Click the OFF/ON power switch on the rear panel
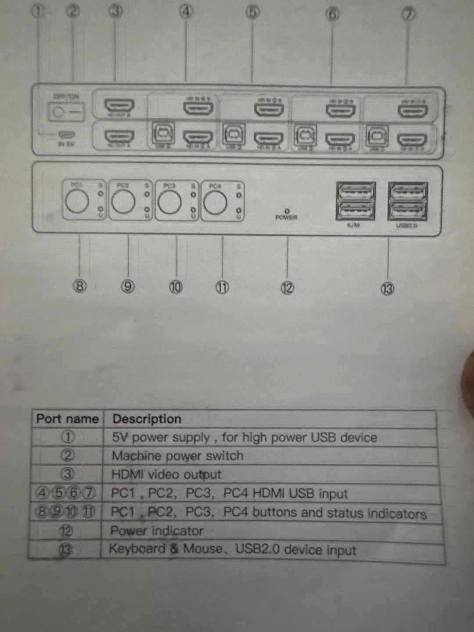coord(66,112)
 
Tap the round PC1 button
coord(77,201)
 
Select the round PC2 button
coord(123,202)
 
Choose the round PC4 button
coord(215,203)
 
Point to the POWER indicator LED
coord(287,211)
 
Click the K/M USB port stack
coord(355,201)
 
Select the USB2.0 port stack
coord(408,201)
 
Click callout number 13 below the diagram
coord(387,289)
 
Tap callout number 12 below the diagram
coord(287,288)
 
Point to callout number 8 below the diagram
coord(79,286)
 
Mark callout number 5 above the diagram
coord(252,12)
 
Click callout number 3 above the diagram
coord(115,11)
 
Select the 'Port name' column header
coord(67,419)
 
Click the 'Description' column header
coord(147,419)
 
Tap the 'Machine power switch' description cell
coord(177,456)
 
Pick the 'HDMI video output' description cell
coord(166,474)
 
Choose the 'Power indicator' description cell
coord(157,531)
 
